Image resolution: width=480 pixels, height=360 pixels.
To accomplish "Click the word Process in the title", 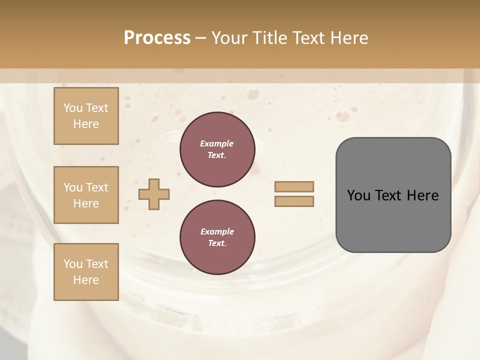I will pyautogui.click(x=157, y=38).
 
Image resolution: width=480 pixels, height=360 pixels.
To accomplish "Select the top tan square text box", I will pyautogui.click(x=86, y=116).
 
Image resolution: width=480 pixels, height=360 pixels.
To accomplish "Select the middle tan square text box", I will pyautogui.click(x=86, y=195).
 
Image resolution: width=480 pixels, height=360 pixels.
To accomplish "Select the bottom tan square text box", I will pyautogui.click(x=86, y=272).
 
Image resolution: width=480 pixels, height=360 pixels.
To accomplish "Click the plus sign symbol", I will pyautogui.click(x=154, y=194).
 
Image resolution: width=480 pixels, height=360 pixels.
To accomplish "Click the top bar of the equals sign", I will pyautogui.click(x=294, y=186).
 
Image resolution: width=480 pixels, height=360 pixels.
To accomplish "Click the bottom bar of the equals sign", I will pyautogui.click(x=294, y=201).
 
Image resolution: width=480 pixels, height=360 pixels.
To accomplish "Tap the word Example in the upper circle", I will pyautogui.click(x=217, y=144).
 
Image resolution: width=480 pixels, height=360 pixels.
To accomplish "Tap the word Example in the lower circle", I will pyautogui.click(x=217, y=232).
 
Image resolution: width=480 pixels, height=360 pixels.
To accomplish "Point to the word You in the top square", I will pyautogui.click(x=72, y=108).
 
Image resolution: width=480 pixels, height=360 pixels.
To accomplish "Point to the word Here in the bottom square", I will pyautogui.click(x=86, y=280).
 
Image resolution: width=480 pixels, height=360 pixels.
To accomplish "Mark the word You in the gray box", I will pyautogui.click(x=358, y=195).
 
